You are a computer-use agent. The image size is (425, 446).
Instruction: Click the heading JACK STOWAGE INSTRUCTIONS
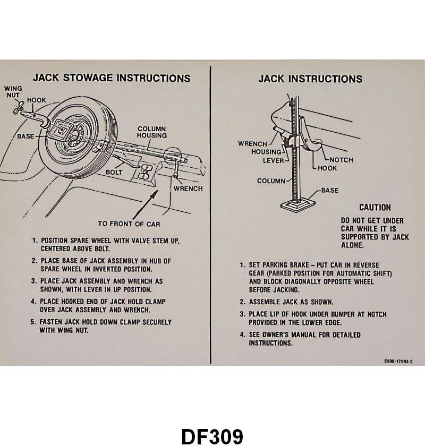112,78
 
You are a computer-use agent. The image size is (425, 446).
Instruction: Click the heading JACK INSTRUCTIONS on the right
310,79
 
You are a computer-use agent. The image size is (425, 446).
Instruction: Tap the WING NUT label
13,92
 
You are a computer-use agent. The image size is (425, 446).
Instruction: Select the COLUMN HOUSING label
152,132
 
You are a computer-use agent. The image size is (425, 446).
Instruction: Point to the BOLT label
114,172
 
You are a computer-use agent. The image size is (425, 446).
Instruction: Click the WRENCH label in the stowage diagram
188,188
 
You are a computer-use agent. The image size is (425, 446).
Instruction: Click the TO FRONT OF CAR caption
129,224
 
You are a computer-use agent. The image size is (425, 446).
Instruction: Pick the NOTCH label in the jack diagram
341,160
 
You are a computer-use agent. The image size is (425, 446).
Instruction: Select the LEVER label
274,160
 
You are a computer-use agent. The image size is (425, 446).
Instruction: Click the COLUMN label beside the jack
271,181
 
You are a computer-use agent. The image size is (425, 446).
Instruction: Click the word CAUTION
375,208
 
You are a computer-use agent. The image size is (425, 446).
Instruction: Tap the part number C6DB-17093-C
398,362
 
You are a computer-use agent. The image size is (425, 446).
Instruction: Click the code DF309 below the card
212,436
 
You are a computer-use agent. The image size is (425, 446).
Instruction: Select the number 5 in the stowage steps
33,322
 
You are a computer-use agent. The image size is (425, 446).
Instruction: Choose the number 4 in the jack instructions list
242,335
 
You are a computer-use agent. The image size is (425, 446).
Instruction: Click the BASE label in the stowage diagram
25,136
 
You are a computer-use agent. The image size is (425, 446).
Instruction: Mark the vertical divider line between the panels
211,212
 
